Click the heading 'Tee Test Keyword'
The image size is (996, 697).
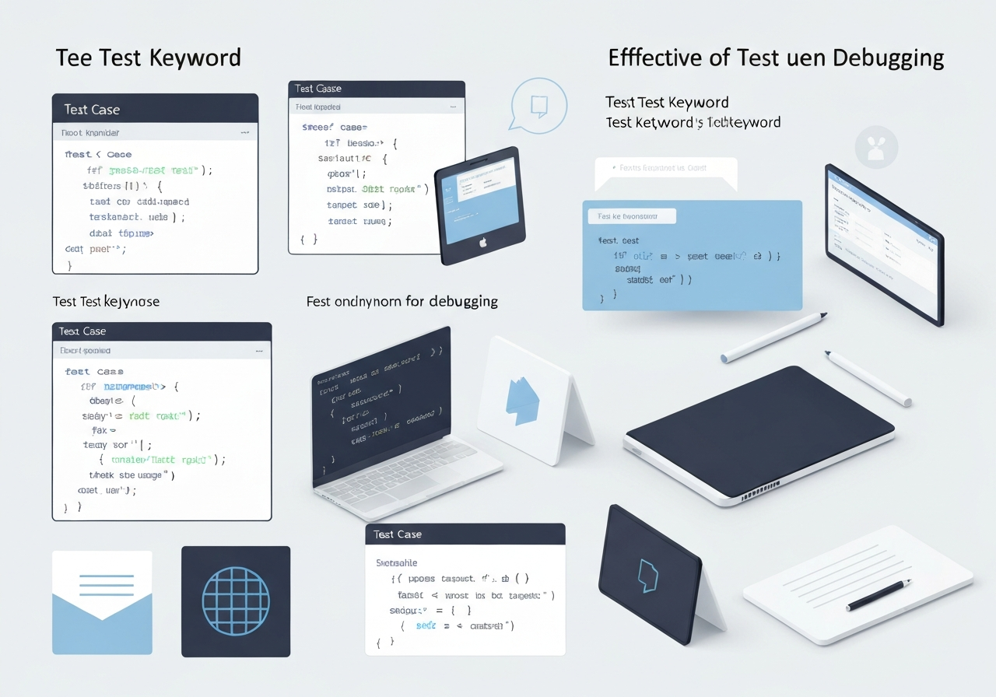coord(148,58)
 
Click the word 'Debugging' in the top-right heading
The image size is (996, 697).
coord(889,58)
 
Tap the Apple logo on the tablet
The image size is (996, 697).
coord(482,242)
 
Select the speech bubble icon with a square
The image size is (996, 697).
coord(536,105)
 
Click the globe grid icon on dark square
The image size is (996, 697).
coord(235,601)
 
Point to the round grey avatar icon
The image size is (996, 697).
coord(876,147)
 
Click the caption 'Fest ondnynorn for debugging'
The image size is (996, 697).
coord(402,301)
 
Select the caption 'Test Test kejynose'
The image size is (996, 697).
coord(106,301)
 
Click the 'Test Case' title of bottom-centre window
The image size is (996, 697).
coord(398,534)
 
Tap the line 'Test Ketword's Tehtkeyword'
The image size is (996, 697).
coord(693,122)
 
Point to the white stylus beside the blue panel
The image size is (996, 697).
coord(773,338)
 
